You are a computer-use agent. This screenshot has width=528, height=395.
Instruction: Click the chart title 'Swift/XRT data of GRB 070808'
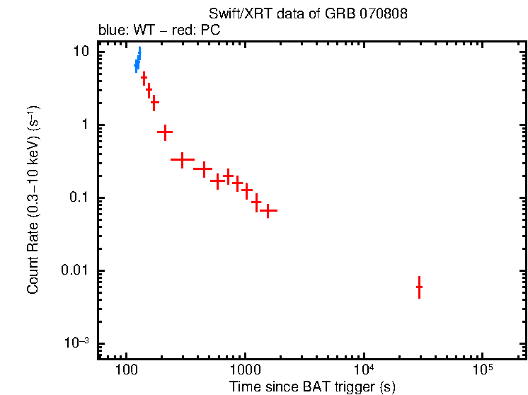[308, 14]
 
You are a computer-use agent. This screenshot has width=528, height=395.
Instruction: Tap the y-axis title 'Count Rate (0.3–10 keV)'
[33, 200]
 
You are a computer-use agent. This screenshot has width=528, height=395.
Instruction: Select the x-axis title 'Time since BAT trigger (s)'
[312, 387]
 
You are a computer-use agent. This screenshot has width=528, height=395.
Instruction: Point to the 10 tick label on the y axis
[83, 52]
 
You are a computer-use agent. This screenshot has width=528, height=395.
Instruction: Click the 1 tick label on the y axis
[87, 125]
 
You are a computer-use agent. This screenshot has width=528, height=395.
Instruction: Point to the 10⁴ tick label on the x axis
[363, 370]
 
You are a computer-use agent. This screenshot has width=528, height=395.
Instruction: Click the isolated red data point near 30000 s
[419, 287]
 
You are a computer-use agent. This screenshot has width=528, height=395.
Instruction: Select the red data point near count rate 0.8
[165, 132]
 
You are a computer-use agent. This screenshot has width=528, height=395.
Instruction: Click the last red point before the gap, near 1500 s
[268, 210]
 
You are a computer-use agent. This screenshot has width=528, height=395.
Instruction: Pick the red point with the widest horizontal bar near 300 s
[183, 160]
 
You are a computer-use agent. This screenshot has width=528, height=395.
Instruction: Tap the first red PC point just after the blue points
[144, 78]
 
